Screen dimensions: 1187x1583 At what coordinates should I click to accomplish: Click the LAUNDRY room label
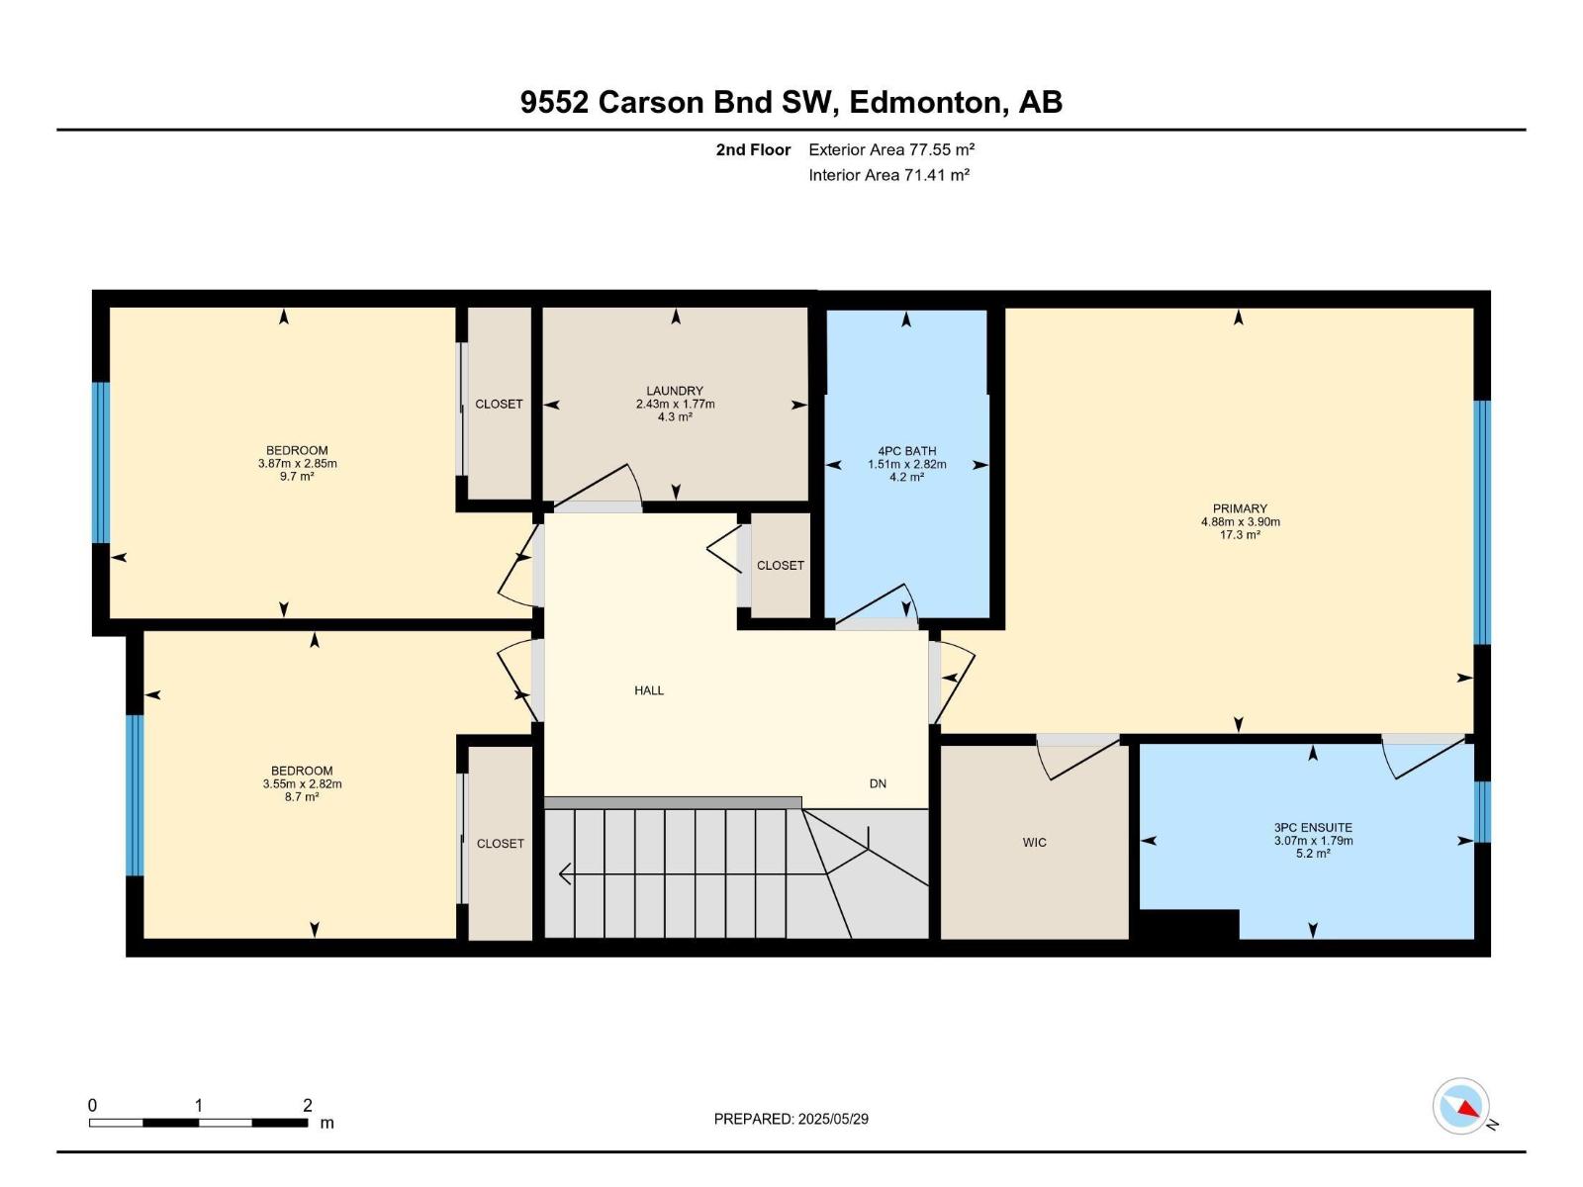pos(675,391)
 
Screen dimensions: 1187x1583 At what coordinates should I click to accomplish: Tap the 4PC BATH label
pos(906,451)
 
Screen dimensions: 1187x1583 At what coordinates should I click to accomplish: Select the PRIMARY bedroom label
pos(1239,508)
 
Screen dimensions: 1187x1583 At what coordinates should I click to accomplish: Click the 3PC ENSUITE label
pos(1313,828)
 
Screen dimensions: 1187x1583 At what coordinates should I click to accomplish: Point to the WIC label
pos(1034,843)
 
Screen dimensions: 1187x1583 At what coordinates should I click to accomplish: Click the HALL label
pos(649,690)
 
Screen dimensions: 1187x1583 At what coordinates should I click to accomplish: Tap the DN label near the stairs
pos(878,783)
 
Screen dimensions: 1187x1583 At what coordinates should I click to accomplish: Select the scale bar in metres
pos(198,1123)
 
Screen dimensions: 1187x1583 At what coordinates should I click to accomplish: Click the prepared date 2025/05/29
pos(791,1119)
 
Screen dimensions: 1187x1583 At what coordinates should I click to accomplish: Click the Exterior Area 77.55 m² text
pos(891,149)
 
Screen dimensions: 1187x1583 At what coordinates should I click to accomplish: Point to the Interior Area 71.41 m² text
pos(888,175)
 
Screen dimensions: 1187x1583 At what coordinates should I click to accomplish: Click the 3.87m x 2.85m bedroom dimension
pos(297,463)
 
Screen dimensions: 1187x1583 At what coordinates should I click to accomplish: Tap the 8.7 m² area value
pos(302,796)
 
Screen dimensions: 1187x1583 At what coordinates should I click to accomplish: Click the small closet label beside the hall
pos(780,566)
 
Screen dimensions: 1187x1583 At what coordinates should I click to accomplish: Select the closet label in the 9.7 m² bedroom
pos(499,405)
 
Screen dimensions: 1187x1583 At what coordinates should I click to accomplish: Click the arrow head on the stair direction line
pos(565,874)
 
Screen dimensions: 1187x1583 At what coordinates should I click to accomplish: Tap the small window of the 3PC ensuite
pos(1482,811)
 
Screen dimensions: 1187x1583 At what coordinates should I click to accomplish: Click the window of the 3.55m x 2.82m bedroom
pos(135,795)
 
